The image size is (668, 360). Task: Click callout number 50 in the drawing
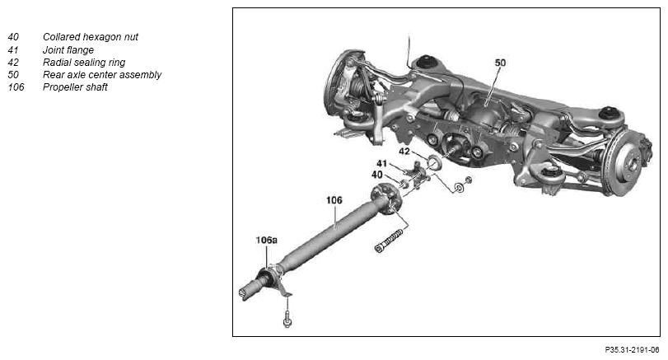click(500, 63)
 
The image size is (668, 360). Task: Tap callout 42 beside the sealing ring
click(404, 152)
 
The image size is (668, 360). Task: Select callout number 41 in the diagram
click(381, 163)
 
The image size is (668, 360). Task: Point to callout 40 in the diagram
click(377, 175)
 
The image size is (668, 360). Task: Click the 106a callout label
click(266, 241)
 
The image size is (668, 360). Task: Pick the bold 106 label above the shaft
click(334, 200)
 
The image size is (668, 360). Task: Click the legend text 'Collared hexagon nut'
click(91, 37)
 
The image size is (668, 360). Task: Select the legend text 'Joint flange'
click(68, 50)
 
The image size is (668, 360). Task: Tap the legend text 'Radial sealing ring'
click(84, 63)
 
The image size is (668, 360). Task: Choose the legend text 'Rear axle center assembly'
click(102, 75)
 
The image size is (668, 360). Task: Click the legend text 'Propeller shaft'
click(75, 87)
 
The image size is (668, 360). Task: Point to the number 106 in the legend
click(16, 87)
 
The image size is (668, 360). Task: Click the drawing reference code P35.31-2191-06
click(632, 350)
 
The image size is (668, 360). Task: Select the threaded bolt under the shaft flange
click(389, 241)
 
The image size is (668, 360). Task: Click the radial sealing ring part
click(434, 162)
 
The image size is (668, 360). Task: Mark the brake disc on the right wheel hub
click(625, 162)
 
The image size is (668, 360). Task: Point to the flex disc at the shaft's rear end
click(386, 198)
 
